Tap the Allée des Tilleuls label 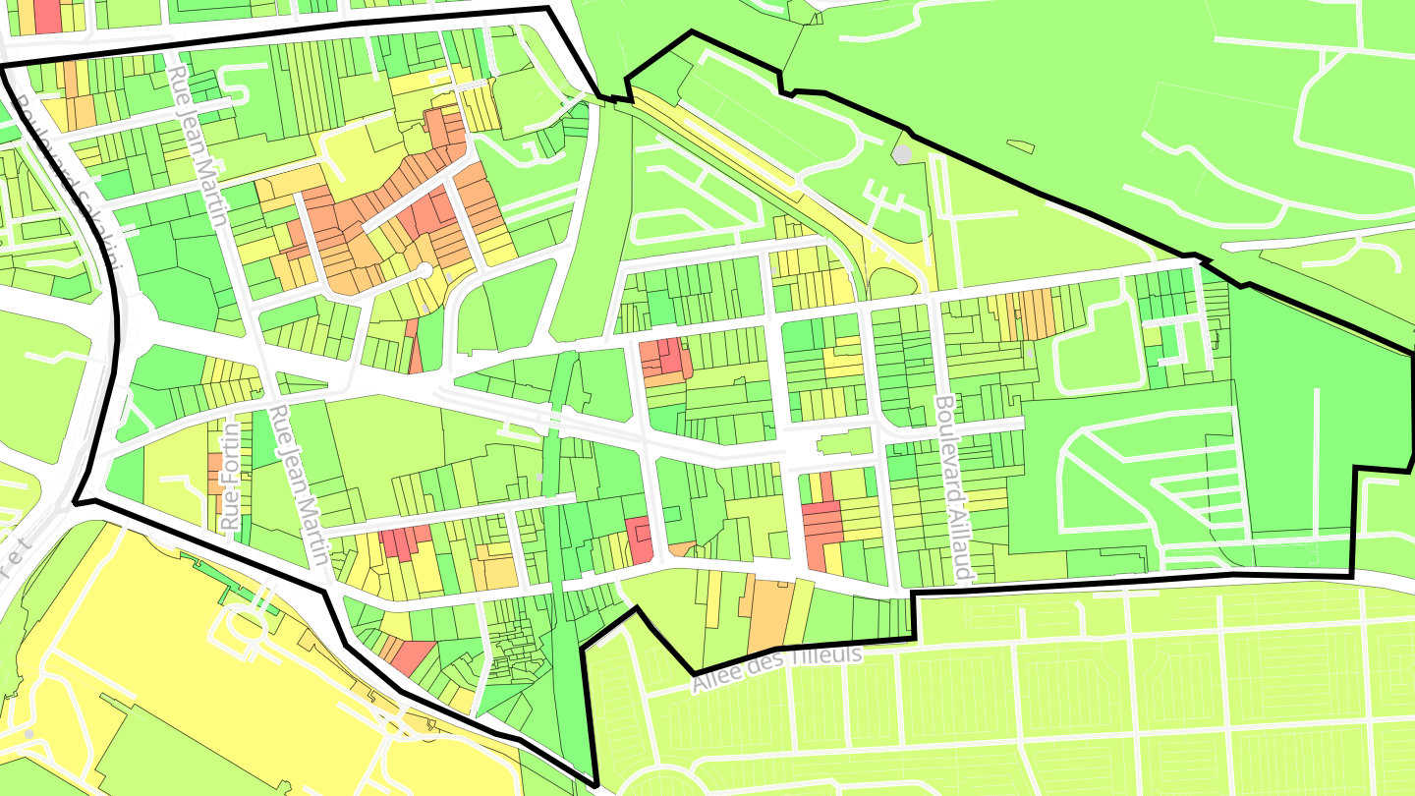[776, 668]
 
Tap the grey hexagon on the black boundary [902, 153]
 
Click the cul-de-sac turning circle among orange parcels [424, 269]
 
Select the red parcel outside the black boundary [47, 14]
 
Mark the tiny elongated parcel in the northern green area [1021, 146]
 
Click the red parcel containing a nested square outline [639, 540]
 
